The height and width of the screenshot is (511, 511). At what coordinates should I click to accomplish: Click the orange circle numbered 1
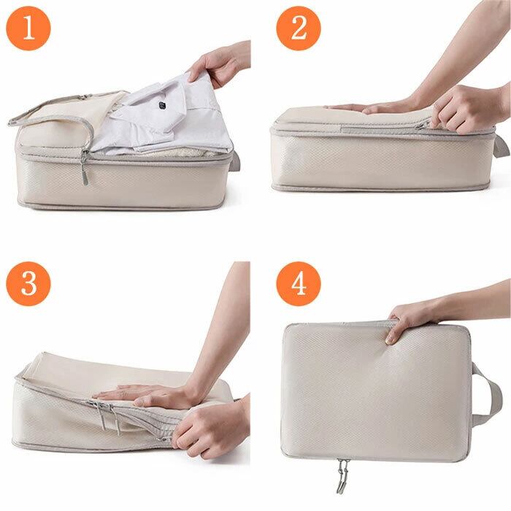click(x=28, y=28)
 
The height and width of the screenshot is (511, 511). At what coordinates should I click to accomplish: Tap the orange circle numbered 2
click(x=299, y=28)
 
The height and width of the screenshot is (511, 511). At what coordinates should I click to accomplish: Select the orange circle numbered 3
click(x=28, y=283)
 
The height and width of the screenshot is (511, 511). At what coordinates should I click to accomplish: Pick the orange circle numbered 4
click(x=299, y=283)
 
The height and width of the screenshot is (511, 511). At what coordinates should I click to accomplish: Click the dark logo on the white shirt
click(x=162, y=104)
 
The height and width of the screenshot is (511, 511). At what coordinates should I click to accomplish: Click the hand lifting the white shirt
click(x=218, y=64)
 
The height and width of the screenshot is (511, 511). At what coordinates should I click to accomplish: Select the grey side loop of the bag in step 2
click(x=502, y=147)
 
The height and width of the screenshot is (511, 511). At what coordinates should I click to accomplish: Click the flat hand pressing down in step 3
click(x=143, y=394)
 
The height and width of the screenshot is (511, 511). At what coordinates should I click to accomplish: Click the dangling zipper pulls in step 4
click(x=342, y=475)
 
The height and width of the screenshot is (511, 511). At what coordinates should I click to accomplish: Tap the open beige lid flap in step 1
click(x=62, y=111)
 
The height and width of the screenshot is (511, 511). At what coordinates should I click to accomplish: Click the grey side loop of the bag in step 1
click(x=236, y=161)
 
